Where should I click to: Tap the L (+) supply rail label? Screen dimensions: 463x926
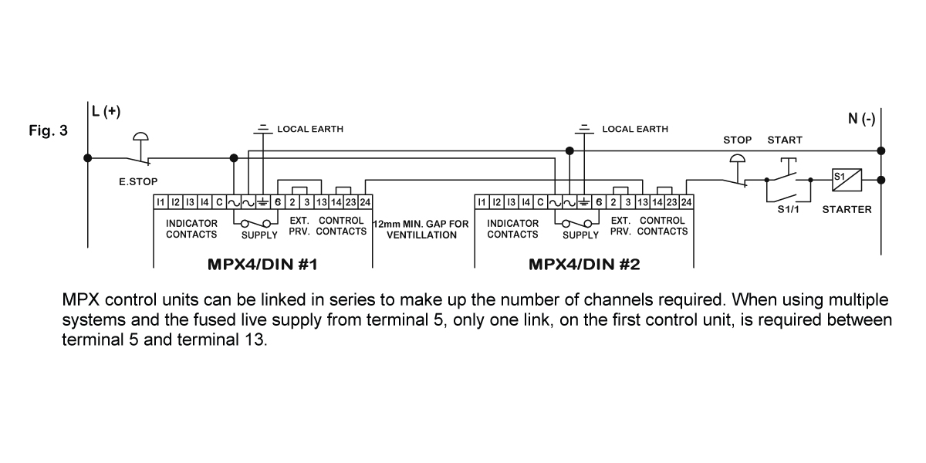(106, 111)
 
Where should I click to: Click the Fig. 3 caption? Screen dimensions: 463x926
(48, 130)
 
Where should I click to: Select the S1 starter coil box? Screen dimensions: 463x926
(846, 180)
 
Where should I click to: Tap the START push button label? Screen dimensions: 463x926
(785, 140)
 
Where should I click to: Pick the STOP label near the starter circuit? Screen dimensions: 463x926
(737, 140)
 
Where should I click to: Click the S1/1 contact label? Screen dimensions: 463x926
(787, 209)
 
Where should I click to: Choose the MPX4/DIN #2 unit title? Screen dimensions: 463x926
(584, 265)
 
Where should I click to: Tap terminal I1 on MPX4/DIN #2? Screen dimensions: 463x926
(482, 202)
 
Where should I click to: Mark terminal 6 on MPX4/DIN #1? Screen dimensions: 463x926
(277, 202)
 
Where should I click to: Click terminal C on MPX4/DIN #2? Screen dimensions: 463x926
(540, 202)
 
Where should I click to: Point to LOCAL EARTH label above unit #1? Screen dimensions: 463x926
(310, 129)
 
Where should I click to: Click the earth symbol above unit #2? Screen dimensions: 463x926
(584, 127)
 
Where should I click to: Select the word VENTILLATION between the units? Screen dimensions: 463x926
(422, 235)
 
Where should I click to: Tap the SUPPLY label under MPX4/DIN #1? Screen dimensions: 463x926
(259, 235)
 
